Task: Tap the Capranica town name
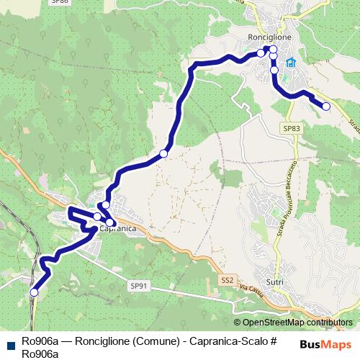tap(117, 230)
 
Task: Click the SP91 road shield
tap(139, 286)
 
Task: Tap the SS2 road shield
tap(228, 279)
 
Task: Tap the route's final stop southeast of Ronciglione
tap(326, 107)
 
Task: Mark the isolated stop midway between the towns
tap(163, 153)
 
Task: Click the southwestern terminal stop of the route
tap(34, 292)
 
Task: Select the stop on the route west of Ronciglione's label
tap(261, 53)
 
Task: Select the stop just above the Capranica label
tap(98, 217)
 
